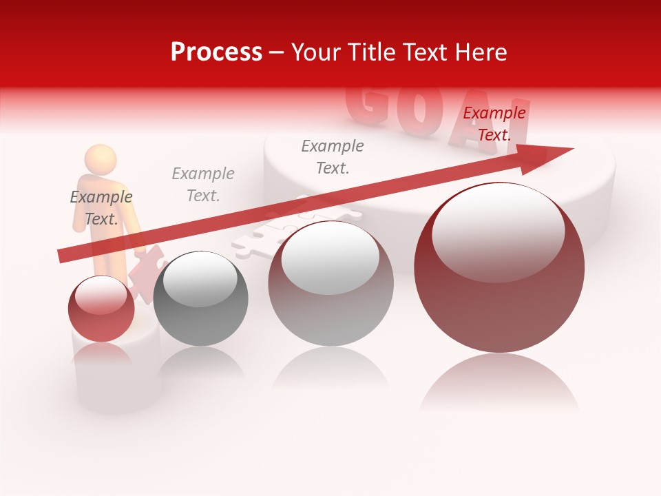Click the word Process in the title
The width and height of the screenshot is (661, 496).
point(216,52)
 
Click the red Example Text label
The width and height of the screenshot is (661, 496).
point(494,124)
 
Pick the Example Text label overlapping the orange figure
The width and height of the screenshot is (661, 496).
point(101,207)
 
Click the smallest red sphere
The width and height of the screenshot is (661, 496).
point(101,309)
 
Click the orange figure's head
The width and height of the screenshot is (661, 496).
point(101,158)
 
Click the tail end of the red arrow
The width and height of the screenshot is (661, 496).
point(62,256)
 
